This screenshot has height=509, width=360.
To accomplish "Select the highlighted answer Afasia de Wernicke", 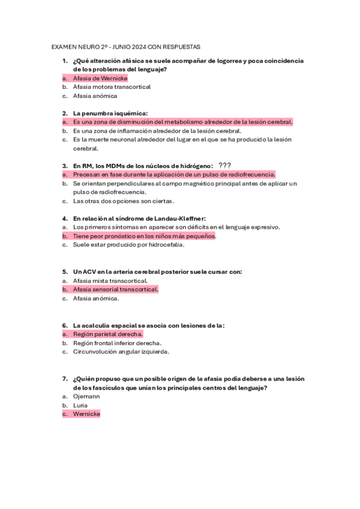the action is tap(100, 78).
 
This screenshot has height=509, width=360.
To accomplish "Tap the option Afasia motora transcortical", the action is tap(112, 87).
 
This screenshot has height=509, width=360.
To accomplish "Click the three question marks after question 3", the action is tap(225, 166).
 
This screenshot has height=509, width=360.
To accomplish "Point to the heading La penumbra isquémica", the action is tap(110, 113).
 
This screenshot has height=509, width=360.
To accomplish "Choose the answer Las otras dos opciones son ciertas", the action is tap(123, 201).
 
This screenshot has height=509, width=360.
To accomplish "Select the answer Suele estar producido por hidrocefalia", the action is tap(129, 245).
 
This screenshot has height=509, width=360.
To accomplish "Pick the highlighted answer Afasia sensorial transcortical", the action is tap(115, 289).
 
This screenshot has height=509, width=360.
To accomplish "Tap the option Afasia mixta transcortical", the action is tap(110, 280).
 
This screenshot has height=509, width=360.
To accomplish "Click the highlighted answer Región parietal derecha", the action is tap(108, 334).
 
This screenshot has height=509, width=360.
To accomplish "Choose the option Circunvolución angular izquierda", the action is tap(121, 352).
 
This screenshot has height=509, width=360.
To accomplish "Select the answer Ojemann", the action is tap(87, 396).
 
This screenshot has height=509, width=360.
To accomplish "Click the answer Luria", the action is tap(81, 405).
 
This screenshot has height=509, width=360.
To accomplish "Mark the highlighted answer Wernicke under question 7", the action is tap(87, 414).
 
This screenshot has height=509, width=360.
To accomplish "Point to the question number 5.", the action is tap(65, 272).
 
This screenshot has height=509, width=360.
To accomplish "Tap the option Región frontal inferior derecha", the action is tap(117, 343).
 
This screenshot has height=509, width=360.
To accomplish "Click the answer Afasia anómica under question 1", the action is tap(95, 96).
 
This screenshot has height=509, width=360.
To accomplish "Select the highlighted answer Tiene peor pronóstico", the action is tap(144, 236).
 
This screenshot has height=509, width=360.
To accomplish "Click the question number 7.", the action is tap(65, 379).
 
